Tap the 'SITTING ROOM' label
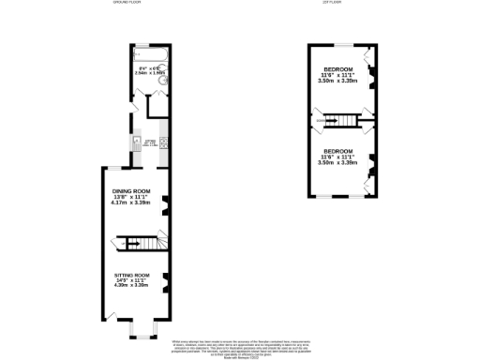tap(131, 275)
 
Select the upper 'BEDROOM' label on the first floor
tap(337, 70)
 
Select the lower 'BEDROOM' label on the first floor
tap(337, 151)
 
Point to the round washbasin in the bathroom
tap(162, 80)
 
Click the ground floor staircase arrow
tap(131, 244)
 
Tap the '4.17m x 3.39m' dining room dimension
tap(131, 202)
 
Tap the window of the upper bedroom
tap(339, 44)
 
